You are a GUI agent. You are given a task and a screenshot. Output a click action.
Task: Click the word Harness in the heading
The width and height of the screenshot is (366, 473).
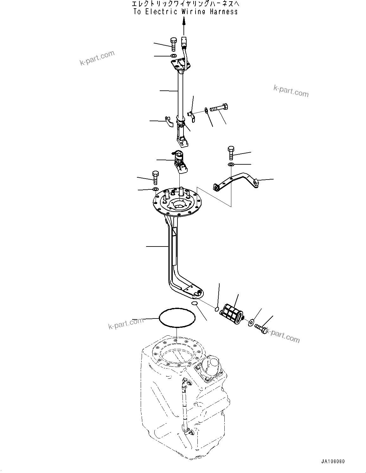pos(223,12)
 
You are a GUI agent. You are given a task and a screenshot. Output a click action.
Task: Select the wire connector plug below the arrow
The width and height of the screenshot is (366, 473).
pos(184,41)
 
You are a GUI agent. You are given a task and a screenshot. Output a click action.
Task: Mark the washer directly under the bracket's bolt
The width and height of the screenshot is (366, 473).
pos(231,164)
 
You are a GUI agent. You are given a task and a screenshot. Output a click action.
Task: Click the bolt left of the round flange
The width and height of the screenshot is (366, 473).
pos(155,177)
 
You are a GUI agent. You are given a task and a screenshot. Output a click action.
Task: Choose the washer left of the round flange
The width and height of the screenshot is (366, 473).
pos(155,189)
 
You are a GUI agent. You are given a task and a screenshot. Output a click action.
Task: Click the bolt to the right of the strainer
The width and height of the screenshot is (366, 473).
pos(261,328)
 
